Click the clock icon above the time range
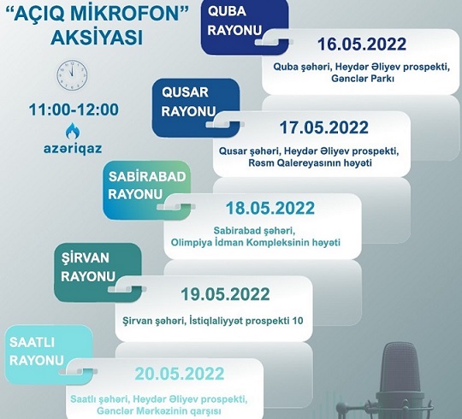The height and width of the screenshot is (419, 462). point(72,75)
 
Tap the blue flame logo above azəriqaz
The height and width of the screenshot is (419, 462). point(73,131)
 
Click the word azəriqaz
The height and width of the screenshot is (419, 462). point(73,148)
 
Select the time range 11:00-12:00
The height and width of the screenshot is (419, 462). point(74,109)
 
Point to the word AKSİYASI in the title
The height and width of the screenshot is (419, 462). point(97,38)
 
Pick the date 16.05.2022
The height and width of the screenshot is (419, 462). point(362,44)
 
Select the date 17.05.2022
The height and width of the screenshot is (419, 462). point(323,127)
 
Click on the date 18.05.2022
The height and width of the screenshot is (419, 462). point(270,208)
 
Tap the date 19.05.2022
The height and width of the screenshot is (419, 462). point(225,294)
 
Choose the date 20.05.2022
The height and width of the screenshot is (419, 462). point(180,374)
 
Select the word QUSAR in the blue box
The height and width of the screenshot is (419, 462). point(185,92)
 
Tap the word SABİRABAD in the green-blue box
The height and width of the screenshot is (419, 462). point(147,177)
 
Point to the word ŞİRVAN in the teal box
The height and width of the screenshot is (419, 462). point(86,258)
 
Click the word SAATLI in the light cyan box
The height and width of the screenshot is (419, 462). point(32,342)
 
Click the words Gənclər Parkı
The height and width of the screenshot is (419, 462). point(363,79)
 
